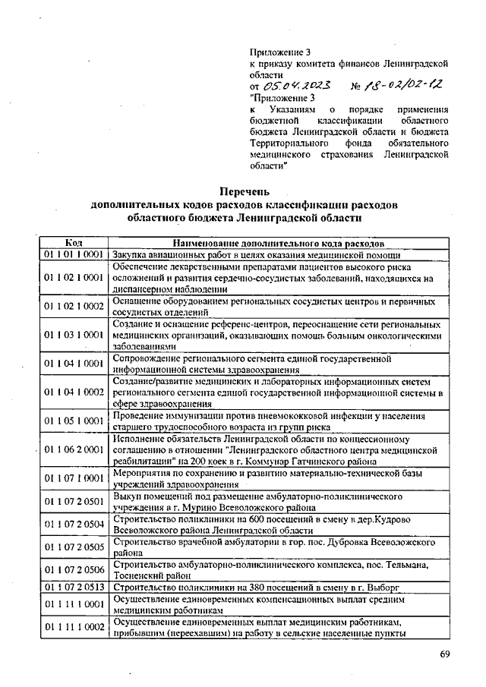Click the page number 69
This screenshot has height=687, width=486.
pyautogui.click(x=445, y=654)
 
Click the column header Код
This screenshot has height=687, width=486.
pyautogui.click(x=73, y=243)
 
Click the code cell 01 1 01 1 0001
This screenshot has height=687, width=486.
pyautogui.click(x=73, y=255)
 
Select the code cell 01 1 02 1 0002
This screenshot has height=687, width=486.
pyautogui.click(x=73, y=305)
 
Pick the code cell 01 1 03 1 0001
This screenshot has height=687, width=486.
pyautogui.click(x=73, y=334)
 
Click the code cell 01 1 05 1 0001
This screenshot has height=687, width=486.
pyautogui.click(x=73, y=421)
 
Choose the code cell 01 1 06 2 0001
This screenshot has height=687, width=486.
pyautogui.click(x=73, y=449)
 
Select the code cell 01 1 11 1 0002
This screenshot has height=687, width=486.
pyautogui.click(x=73, y=626)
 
